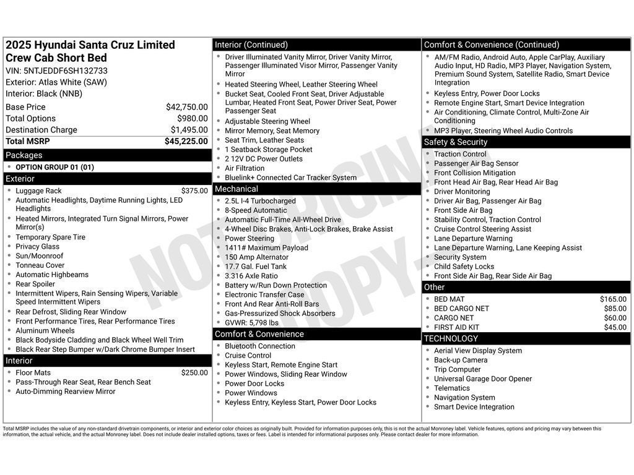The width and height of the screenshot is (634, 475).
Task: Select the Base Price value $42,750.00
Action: [186, 107]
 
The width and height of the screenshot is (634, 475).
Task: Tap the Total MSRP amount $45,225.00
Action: [186, 142]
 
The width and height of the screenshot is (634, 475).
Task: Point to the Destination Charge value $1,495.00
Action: [189, 130]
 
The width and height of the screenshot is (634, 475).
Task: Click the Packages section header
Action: [24, 155]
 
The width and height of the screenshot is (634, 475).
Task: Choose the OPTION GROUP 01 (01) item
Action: [54, 167]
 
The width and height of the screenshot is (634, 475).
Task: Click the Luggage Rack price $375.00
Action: [194, 191]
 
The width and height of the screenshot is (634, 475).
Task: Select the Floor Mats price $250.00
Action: [194, 373]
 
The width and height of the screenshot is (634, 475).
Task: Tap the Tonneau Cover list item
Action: [40, 265]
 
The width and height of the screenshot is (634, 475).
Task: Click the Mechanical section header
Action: [237, 189]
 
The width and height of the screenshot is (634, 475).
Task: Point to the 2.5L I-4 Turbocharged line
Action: [260, 201]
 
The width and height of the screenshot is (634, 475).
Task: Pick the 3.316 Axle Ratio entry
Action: [251, 276]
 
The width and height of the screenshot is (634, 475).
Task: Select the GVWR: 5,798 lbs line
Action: [251, 323]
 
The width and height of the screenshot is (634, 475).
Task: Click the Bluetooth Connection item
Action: [259, 346]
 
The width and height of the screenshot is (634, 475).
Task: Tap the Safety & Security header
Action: [456, 142]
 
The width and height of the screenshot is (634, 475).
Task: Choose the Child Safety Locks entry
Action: [464, 267]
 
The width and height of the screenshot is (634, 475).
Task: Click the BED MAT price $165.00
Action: [614, 299]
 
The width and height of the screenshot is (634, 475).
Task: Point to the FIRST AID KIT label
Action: [456, 327]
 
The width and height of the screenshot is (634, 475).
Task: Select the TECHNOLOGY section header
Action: [451, 339]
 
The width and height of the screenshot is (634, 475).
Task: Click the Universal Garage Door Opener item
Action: [482, 379]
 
